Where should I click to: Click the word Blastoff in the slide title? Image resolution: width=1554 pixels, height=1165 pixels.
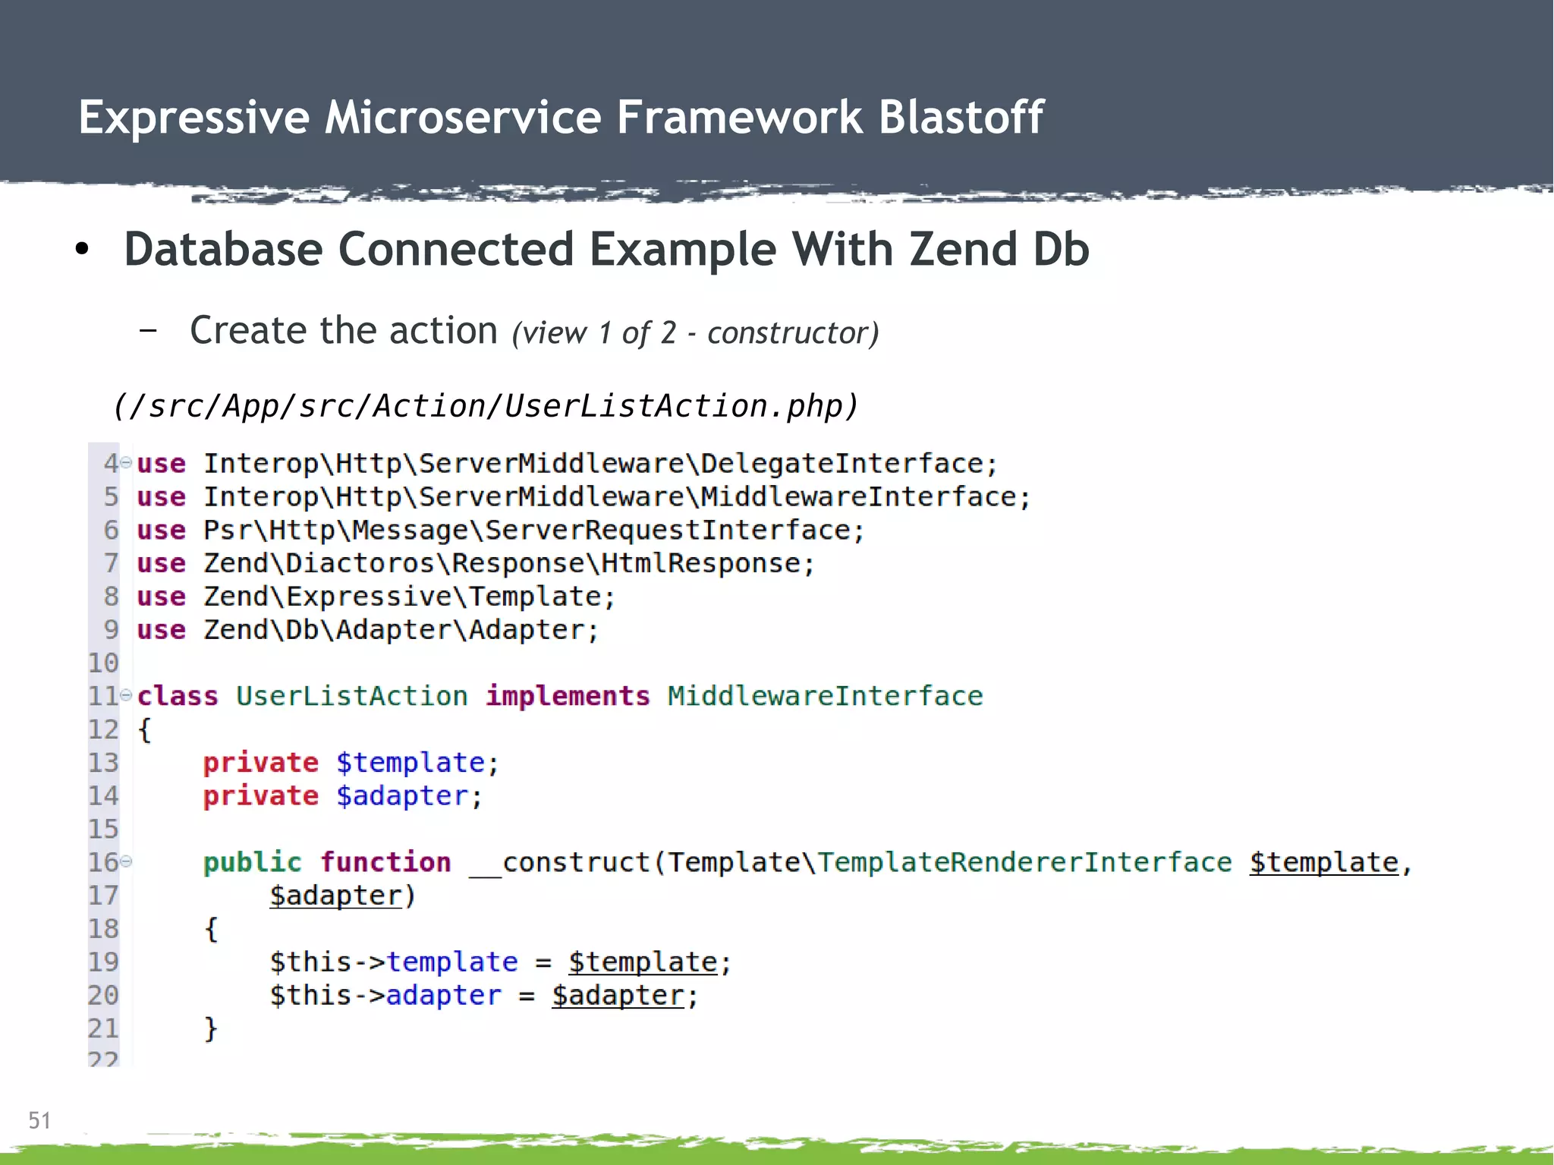[961, 118]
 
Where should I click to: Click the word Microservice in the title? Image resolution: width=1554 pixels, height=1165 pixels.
[463, 118]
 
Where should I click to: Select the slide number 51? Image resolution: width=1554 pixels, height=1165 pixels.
[39, 1120]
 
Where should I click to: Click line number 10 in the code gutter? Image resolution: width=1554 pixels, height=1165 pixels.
[103, 663]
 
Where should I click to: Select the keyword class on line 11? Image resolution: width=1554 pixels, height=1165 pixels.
[178, 696]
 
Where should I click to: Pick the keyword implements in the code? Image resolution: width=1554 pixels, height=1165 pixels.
[568, 696]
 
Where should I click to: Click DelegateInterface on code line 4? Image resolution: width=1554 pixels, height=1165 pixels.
[841, 464]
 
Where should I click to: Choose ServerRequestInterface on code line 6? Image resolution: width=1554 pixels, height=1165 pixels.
[668, 530]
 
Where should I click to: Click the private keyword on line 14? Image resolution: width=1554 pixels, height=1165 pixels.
[260, 796]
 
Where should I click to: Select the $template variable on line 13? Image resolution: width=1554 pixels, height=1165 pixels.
[410, 763]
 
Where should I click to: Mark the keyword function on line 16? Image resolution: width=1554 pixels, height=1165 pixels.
[385, 862]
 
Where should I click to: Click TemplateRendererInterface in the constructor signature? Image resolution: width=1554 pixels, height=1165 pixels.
[1024, 862]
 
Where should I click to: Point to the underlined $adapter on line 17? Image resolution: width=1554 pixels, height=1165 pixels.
[335, 896]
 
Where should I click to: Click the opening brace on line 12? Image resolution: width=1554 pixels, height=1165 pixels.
[144, 729]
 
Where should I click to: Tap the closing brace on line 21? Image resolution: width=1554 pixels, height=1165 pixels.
[211, 1028]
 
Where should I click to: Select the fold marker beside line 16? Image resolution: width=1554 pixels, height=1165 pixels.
[127, 861]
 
